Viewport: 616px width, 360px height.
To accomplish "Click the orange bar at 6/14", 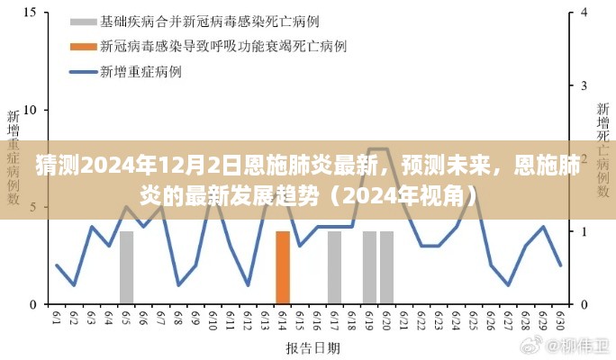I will pos(283,267).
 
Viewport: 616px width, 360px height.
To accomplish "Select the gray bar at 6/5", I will pos(127,267).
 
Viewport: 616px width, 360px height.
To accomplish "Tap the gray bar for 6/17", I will pos(334,267).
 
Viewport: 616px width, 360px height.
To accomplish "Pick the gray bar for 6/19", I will pos(369,267).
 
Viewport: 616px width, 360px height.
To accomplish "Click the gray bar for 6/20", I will pos(387,267).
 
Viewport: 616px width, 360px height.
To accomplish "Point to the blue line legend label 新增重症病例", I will pos(134,70).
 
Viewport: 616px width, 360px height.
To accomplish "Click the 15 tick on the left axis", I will pos(29,13).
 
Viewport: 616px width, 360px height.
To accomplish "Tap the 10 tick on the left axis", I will pos(29,111).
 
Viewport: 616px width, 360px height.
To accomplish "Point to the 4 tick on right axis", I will pos(585,13).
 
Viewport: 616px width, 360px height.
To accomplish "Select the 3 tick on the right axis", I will pos(585,86).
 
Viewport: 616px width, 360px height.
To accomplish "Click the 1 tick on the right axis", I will pos(585,231).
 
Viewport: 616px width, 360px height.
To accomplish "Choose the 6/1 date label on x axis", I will pos(57,318).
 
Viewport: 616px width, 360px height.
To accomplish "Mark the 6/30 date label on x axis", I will pos(560,318).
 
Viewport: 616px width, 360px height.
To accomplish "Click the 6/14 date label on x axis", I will pos(283,318).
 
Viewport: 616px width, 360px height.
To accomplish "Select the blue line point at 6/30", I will pos(560,265).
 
